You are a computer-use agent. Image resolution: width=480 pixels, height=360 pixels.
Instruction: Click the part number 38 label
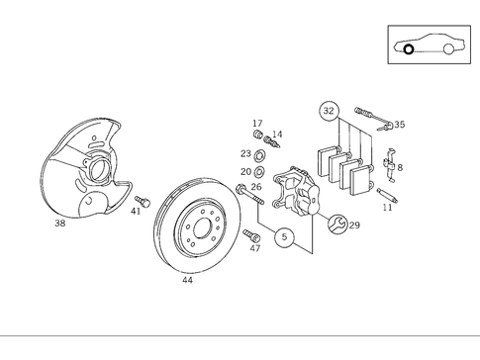click(x=59, y=225)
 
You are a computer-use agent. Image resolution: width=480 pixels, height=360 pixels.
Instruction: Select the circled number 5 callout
click(x=285, y=238)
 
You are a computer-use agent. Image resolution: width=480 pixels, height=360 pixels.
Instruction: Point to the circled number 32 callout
click(x=330, y=111)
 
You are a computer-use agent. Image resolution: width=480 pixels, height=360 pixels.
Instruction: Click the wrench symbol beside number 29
click(x=339, y=225)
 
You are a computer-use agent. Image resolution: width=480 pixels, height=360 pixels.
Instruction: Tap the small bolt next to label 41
click(x=141, y=200)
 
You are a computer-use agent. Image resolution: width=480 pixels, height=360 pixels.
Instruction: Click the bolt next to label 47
click(x=250, y=235)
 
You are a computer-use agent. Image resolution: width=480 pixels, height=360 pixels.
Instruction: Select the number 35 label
click(x=399, y=126)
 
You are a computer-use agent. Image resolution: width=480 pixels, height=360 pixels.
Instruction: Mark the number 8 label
click(x=399, y=167)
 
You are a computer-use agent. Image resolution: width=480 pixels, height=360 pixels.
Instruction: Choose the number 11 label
click(x=387, y=207)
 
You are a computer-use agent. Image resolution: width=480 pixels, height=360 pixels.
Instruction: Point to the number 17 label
click(x=256, y=123)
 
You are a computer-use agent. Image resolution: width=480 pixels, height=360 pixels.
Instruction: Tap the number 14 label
click(x=277, y=135)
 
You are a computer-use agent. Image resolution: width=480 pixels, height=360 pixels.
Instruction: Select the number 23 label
click(x=245, y=153)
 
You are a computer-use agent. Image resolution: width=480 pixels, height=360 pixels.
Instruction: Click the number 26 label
click(x=255, y=187)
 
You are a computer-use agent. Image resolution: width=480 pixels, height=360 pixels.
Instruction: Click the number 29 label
click(x=354, y=225)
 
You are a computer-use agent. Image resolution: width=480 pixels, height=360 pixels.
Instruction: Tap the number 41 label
click(x=136, y=211)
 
